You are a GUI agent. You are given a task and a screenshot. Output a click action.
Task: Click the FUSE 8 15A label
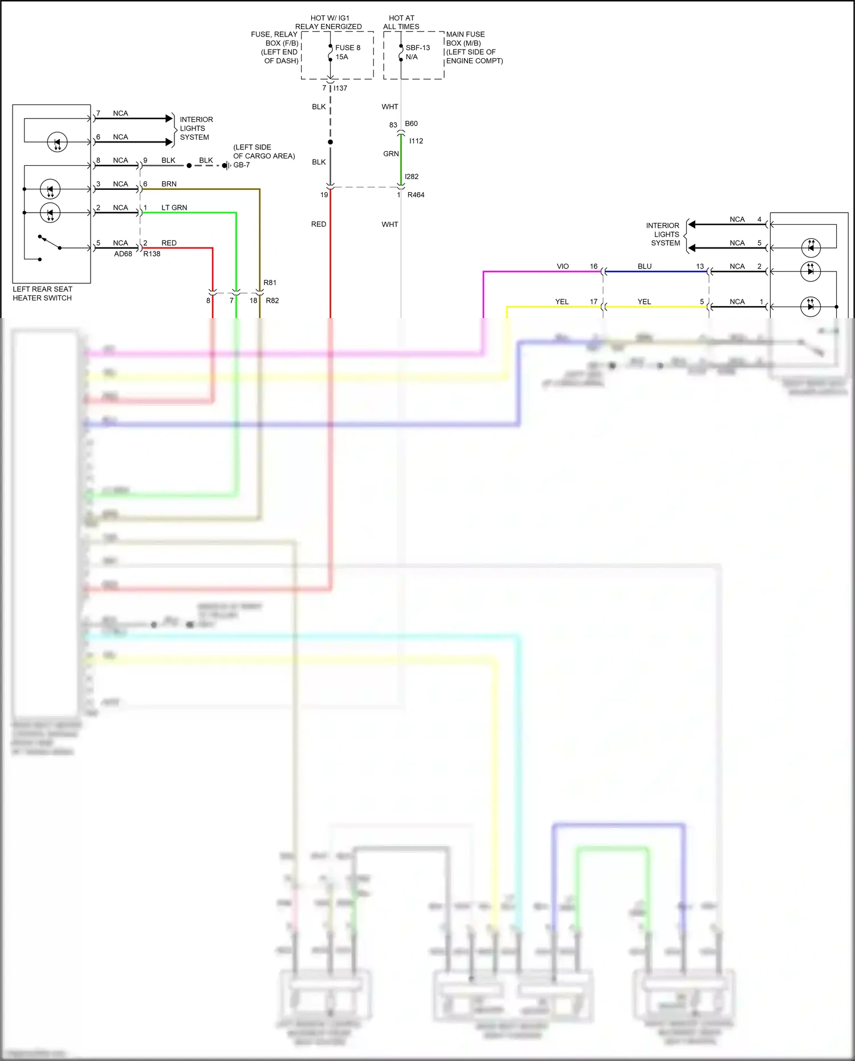click(347, 52)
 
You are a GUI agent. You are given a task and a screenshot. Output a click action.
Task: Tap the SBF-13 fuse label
click(417, 48)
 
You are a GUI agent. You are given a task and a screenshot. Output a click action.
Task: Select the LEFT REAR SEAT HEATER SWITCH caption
click(42, 294)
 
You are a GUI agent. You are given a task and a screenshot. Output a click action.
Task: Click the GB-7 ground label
click(241, 165)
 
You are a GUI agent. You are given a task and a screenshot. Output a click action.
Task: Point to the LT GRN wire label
click(174, 208)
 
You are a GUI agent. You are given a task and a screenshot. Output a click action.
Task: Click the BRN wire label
click(169, 184)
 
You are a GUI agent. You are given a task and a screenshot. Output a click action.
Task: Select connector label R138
click(152, 254)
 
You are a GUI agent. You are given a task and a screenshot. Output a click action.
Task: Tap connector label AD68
click(123, 254)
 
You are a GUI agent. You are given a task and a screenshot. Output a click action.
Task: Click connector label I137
click(340, 88)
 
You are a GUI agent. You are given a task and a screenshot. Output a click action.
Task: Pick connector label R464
click(416, 195)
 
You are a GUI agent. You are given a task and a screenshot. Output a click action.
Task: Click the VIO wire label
click(563, 267)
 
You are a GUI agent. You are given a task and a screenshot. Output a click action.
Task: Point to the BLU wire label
click(644, 267)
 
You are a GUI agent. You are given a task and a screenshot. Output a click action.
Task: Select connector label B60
click(411, 124)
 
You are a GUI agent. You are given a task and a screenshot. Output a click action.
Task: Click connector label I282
click(412, 177)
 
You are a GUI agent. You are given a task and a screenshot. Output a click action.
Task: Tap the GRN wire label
click(390, 154)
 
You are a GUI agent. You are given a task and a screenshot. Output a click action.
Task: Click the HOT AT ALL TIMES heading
click(401, 22)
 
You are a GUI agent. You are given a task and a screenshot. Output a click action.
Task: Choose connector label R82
click(272, 300)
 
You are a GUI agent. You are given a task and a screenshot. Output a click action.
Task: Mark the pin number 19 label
click(324, 195)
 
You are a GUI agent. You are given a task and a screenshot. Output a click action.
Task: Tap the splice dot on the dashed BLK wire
click(330, 142)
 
